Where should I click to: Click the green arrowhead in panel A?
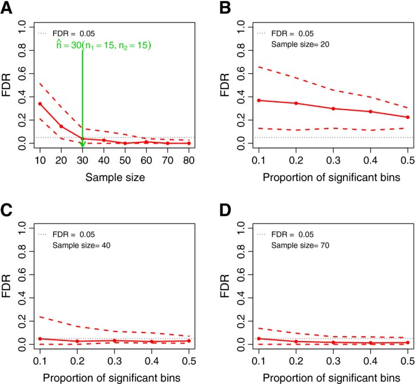82,143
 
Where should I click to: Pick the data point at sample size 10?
40,104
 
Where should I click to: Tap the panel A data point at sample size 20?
61,126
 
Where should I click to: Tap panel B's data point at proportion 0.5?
408,117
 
